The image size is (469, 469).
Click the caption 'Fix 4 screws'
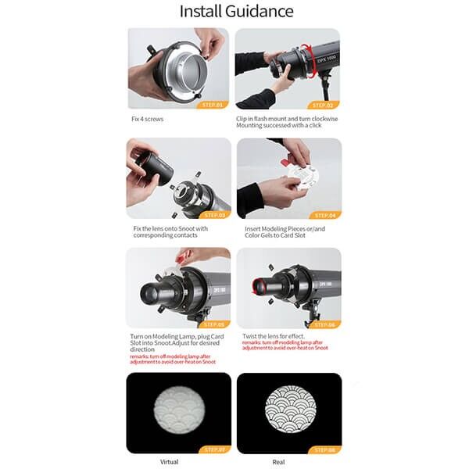148,118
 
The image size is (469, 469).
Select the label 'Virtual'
169,461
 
